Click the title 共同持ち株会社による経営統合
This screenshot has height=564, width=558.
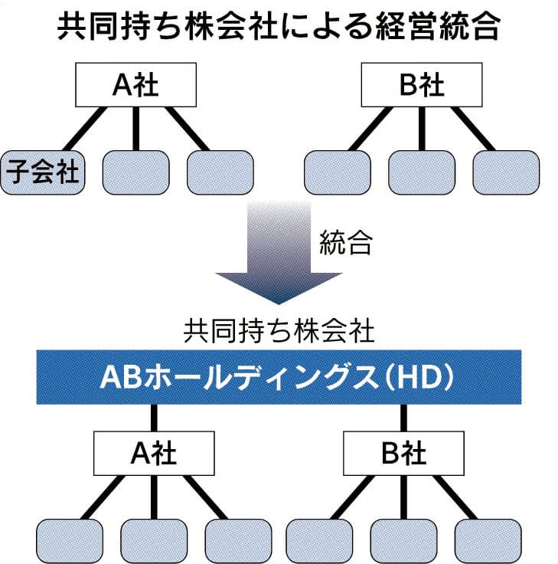279,29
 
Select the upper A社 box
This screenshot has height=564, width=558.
135,85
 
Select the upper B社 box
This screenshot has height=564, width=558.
422,85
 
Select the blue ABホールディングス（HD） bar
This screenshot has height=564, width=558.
279,376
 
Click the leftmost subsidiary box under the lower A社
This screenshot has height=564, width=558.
70,541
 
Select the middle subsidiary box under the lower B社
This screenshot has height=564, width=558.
403,541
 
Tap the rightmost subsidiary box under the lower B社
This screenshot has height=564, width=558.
488,541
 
